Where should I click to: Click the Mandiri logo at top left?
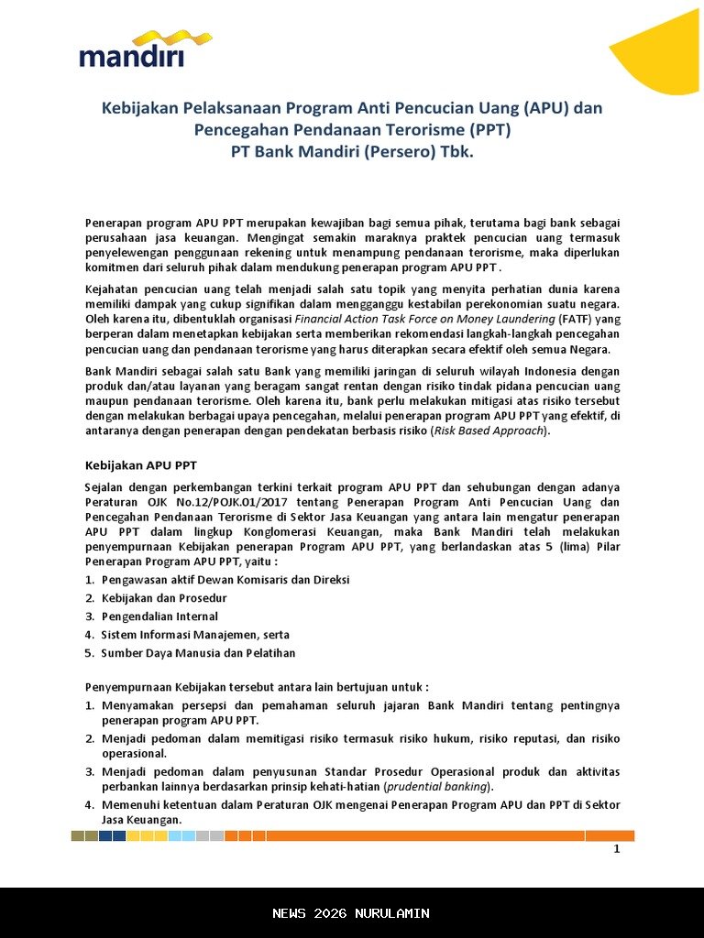pyautogui.click(x=132, y=51)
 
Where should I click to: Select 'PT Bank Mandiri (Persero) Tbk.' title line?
pyautogui.click(x=352, y=151)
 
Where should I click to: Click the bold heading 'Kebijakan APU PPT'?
pyautogui.click(x=140, y=464)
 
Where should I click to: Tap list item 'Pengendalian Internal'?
pyautogui.click(x=159, y=616)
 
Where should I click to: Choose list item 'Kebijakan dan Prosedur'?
pyautogui.click(x=164, y=598)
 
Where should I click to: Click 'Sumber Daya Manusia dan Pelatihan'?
pyautogui.click(x=198, y=653)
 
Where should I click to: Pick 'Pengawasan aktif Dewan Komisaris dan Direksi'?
pyautogui.click(x=225, y=580)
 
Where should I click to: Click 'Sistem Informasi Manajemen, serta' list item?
pyautogui.click(x=195, y=635)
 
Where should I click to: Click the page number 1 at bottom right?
pyautogui.click(x=617, y=849)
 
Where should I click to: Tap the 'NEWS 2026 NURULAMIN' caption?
pyautogui.click(x=351, y=913)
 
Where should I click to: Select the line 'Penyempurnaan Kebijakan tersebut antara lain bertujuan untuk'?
pyautogui.click(x=257, y=686)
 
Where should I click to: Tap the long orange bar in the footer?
pyautogui.click(x=426, y=835)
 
